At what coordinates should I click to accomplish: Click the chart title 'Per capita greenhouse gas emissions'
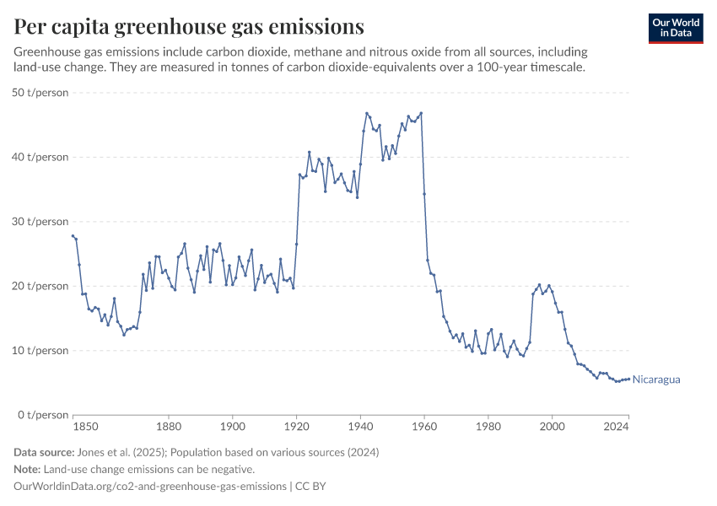[x=189, y=27]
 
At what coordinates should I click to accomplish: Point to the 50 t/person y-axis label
[x=40, y=93]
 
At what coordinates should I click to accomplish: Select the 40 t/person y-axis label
[x=40, y=157]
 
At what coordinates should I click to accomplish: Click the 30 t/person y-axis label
[x=40, y=222]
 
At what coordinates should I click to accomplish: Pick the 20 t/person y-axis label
[x=40, y=286]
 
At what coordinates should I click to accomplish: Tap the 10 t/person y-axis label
[x=40, y=350]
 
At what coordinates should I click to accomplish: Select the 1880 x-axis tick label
[x=169, y=428]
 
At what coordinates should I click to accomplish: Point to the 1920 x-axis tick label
[x=296, y=428]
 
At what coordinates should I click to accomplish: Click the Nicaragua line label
[x=656, y=379]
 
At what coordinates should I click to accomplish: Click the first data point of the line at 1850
[x=73, y=236]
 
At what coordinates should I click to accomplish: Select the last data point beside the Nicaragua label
[x=628, y=379]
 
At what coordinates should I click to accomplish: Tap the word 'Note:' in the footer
[x=30, y=470]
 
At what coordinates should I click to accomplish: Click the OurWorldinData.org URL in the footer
[x=149, y=487]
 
